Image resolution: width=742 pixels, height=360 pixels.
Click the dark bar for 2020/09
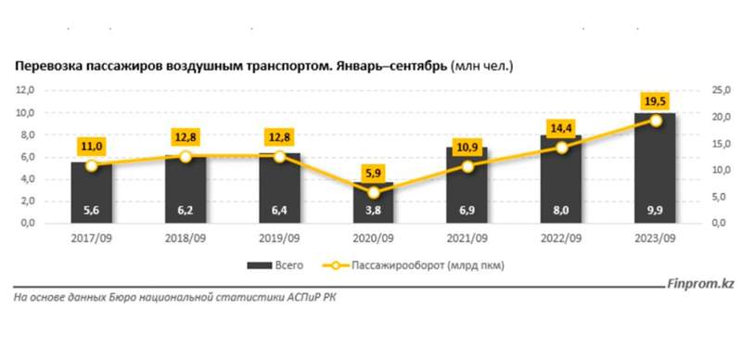[374, 204]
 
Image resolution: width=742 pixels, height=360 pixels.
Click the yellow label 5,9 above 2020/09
[375, 172]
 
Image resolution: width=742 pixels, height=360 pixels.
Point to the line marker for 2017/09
[91, 165]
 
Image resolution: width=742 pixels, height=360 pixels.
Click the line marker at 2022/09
[562, 147]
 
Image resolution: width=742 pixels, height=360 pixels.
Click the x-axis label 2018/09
[185, 238]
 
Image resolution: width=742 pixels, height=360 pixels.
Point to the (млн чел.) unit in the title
[481, 67]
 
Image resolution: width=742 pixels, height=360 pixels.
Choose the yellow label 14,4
[562, 127]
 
